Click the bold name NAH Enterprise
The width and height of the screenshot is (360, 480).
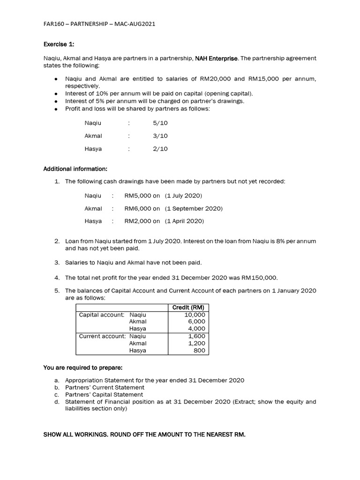pyautogui.click(x=217, y=58)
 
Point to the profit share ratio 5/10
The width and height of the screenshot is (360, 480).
pyautogui.click(x=160, y=123)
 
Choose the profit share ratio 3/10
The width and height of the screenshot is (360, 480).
pyautogui.click(x=160, y=136)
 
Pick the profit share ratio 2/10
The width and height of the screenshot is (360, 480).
pyautogui.click(x=160, y=149)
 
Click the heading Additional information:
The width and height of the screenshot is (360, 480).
pyautogui.click(x=75, y=169)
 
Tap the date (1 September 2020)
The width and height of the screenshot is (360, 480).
pyautogui.click(x=194, y=208)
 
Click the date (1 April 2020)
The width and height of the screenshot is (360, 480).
pyautogui.click(x=184, y=221)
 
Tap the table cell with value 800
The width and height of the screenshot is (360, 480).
pyautogui.click(x=200, y=350)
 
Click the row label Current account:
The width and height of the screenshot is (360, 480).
pyautogui.click(x=102, y=336)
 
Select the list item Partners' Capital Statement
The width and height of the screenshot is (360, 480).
pyautogui.click(x=104, y=395)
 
